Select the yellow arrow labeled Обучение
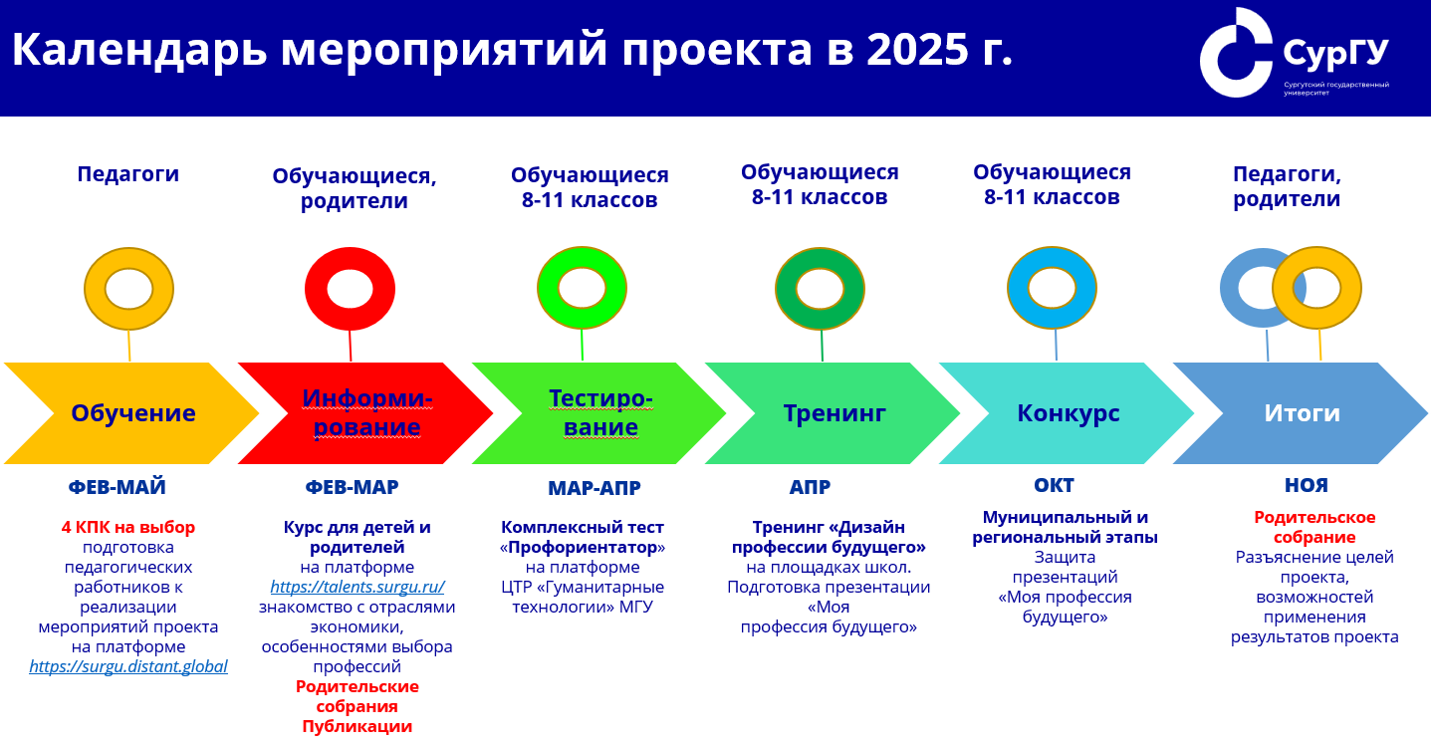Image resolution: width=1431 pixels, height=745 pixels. click(131, 412)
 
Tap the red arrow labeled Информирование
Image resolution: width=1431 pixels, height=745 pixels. click(365, 412)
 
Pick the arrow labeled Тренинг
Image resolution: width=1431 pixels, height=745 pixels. click(834, 412)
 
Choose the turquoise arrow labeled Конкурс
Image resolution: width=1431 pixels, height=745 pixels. click(1067, 412)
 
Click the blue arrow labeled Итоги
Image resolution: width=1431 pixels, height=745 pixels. click(1301, 412)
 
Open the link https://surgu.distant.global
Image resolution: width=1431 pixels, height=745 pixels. click(128, 666)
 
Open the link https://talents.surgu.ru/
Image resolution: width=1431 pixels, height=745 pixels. click(358, 587)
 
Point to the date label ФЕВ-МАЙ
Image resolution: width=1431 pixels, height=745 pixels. click(117, 487)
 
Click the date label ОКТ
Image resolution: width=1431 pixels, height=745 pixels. click(1055, 486)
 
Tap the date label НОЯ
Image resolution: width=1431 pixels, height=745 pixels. click(1307, 486)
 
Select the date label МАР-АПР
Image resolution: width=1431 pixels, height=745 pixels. click(595, 488)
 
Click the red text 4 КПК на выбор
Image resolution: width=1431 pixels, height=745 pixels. click(128, 527)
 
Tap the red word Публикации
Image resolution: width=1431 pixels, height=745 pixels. click(358, 726)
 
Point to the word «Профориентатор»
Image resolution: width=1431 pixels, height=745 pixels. click(583, 548)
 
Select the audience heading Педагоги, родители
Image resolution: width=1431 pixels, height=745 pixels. click(1287, 186)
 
